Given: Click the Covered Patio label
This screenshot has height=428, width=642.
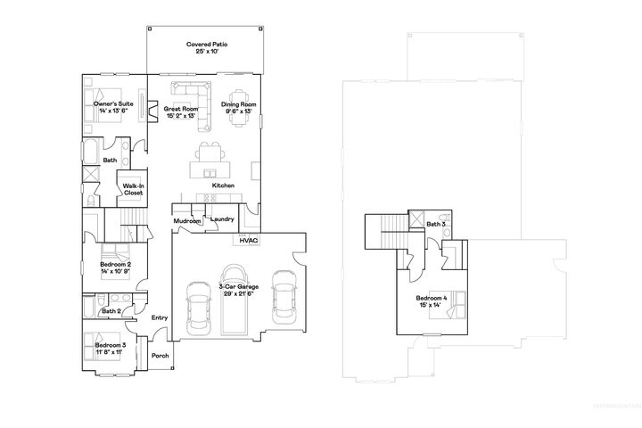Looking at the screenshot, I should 206,45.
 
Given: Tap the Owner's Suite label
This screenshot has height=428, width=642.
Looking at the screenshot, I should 112,105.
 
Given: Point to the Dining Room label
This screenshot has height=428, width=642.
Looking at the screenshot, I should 239,105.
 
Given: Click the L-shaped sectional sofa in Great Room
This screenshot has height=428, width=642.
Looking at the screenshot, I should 188,92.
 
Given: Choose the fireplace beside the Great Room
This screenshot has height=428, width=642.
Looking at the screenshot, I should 152,111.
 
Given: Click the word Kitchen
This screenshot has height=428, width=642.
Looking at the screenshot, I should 223,185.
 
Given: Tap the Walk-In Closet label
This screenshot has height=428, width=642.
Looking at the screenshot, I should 134,189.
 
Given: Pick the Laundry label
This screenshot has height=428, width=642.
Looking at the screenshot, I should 223,219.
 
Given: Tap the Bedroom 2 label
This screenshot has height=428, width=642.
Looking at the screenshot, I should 116,265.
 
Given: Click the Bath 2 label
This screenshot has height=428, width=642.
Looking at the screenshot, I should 111,311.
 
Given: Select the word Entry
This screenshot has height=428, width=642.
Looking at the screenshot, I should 160,317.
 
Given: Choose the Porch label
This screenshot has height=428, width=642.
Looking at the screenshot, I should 160,356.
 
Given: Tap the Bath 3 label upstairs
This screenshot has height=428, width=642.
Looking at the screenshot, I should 435,224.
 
